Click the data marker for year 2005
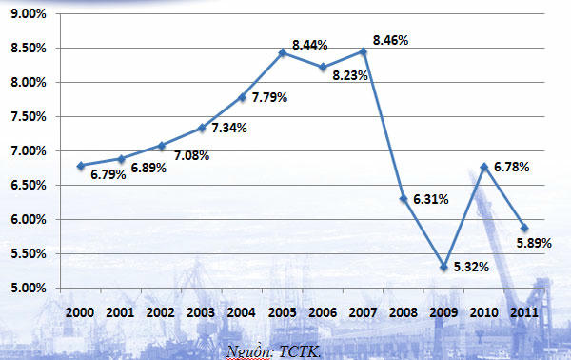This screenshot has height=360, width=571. (283, 52)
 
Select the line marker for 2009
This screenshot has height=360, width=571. (443, 267)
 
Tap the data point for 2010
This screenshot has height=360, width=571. (484, 167)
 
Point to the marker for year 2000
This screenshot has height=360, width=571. (81, 166)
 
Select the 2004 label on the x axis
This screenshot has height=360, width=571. (242, 311)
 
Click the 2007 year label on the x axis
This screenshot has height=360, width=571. (363, 311)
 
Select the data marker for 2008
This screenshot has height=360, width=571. (404, 199)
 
